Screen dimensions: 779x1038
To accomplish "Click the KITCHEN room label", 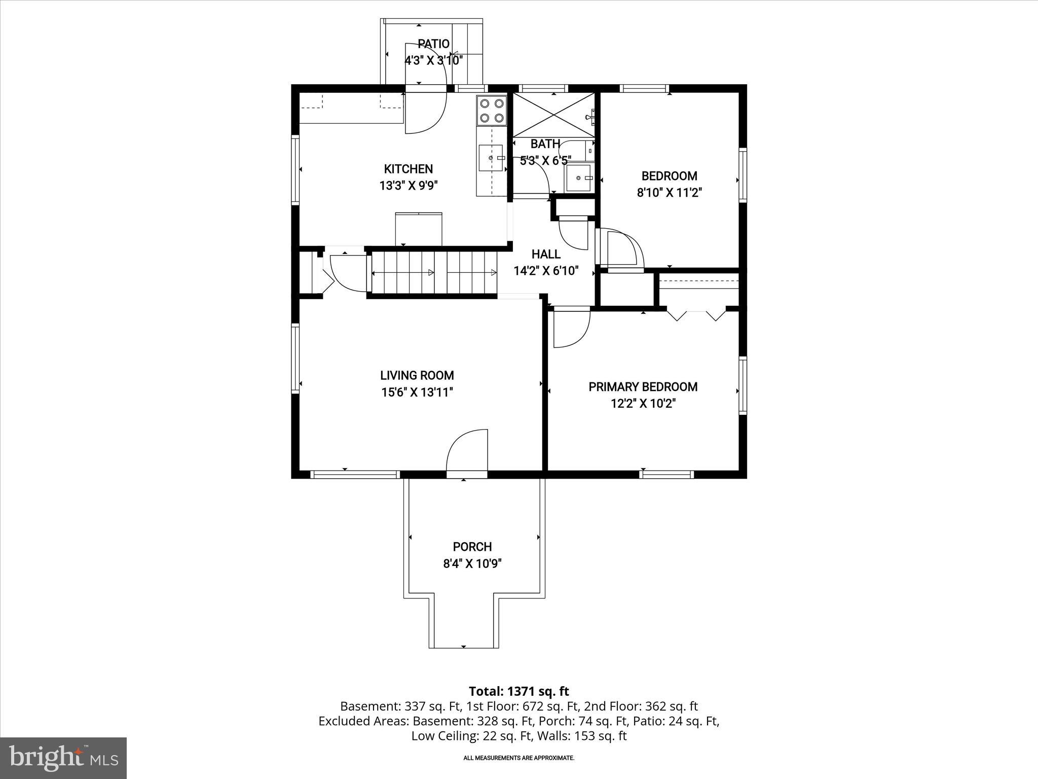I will [x=408, y=169].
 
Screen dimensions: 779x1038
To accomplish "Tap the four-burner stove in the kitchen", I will [x=492, y=111].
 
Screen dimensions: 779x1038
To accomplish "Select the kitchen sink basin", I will [x=491, y=158].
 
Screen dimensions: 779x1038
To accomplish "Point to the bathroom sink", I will [x=579, y=178].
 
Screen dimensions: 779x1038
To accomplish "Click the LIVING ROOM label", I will [x=417, y=375].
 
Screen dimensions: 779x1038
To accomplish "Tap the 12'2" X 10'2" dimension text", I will [x=643, y=404].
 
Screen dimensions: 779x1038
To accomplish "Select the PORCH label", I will [x=472, y=547].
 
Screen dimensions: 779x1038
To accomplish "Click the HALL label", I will [x=545, y=254].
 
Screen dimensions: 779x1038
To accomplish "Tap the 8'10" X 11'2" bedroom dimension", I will [x=669, y=193].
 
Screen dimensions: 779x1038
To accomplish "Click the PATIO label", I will [x=433, y=44].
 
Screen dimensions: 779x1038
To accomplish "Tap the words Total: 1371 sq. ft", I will [x=518, y=691].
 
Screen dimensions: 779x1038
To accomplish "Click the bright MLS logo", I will [x=63, y=758].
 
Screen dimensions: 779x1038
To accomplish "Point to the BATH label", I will [x=545, y=144].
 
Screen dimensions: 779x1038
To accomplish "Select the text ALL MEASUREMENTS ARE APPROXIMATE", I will [x=518, y=758].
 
